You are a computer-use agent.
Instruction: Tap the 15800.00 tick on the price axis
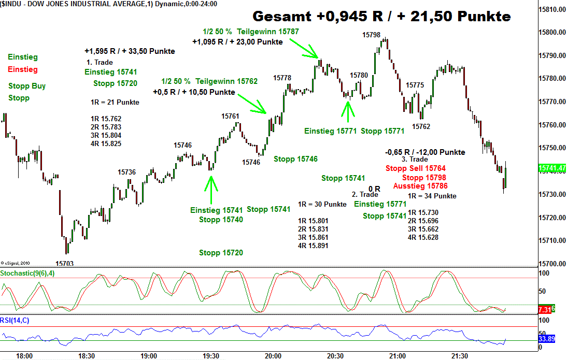coord(551,32)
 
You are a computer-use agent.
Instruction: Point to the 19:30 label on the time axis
coord(211,356)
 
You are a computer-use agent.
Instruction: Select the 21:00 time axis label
coord(398,356)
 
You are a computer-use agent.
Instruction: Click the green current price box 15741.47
coord(551,168)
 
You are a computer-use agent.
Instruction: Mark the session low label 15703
coord(65,264)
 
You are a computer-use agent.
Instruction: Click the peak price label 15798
coord(371,35)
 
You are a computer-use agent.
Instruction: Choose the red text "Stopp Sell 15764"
coord(416,168)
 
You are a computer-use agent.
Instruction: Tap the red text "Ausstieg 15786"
coord(420,186)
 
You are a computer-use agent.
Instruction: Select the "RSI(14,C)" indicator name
coord(15,321)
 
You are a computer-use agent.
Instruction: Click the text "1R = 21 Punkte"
coord(115,102)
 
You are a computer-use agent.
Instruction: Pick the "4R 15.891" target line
coord(313,246)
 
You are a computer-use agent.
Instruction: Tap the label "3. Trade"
coord(415,160)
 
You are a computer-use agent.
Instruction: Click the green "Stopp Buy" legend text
coord(27,86)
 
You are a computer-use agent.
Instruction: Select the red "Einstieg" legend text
coord(23,69)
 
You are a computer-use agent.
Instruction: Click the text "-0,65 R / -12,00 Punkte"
coord(425,152)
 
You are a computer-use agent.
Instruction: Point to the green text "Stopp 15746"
coord(295,159)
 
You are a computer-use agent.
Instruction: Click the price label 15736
coord(127,172)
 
